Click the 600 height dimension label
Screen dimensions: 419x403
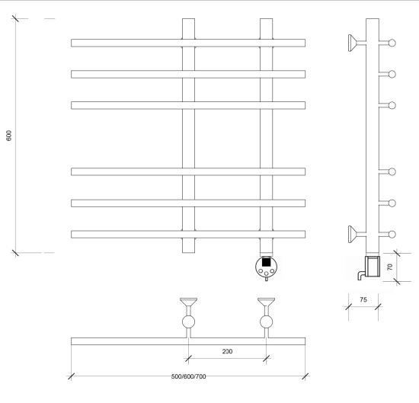(x=9, y=136)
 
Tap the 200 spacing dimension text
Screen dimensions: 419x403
(x=227, y=351)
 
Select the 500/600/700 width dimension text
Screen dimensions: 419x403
(x=188, y=376)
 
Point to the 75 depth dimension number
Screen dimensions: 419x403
(x=363, y=299)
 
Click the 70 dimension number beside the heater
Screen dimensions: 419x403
(x=389, y=267)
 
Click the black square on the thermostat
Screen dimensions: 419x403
(x=266, y=262)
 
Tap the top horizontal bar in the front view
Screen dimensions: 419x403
(x=188, y=43)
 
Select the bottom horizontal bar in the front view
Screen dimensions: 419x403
(x=188, y=235)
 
